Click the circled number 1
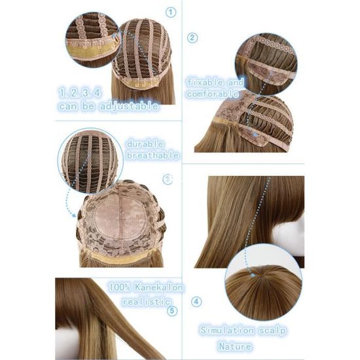point(171,12)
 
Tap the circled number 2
point(192,38)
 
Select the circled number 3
point(168,179)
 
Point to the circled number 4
point(196,302)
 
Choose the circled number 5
point(172,311)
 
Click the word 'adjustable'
point(129,106)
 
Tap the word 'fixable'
point(205,82)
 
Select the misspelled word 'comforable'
point(213,94)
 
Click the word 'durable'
point(145,144)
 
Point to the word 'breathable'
point(153,155)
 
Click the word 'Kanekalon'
point(159,287)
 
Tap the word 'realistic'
point(147,302)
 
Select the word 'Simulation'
point(227,330)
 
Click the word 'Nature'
point(235,346)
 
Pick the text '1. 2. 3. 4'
point(80,93)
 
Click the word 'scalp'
point(273,331)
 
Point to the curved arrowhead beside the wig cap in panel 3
point(73,215)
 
